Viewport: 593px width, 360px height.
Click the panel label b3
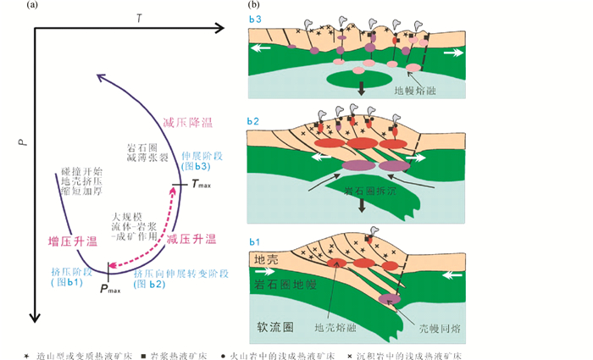pos(255,14)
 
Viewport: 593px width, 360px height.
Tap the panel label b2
pos(255,123)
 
